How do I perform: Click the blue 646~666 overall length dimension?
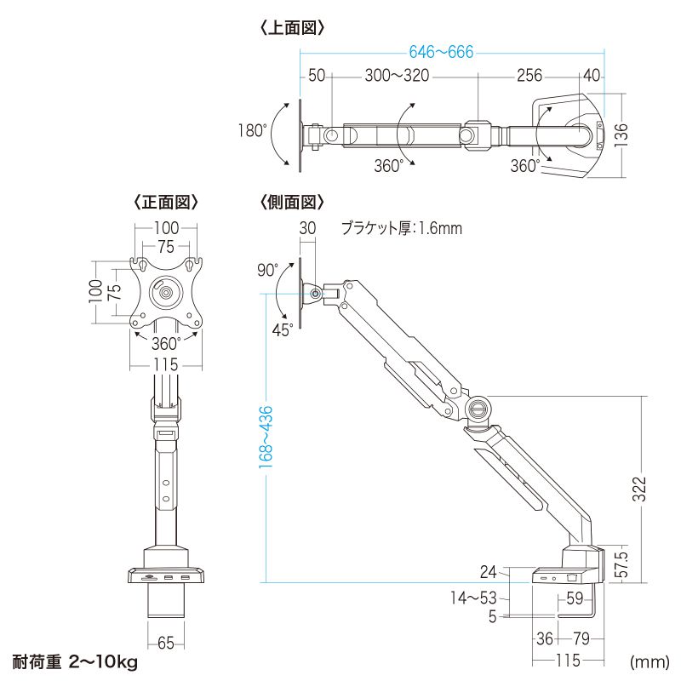[441, 52]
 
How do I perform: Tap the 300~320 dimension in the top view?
[397, 76]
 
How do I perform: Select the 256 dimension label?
[529, 76]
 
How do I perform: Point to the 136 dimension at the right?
[621, 134]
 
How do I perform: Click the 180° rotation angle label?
[253, 130]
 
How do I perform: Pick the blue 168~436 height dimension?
[266, 437]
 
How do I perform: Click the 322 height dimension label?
[639, 489]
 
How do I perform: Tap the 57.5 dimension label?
[621, 564]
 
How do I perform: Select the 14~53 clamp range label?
[473, 598]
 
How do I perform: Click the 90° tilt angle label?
[267, 270]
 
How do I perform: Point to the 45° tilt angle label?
[283, 330]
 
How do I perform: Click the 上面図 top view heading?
[293, 28]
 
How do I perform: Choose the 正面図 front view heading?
[166, 202]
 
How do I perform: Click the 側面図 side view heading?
[292, 202]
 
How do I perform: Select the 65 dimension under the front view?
[166, 643]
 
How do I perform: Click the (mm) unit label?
[650, 662]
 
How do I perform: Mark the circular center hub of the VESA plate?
[166, 292]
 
